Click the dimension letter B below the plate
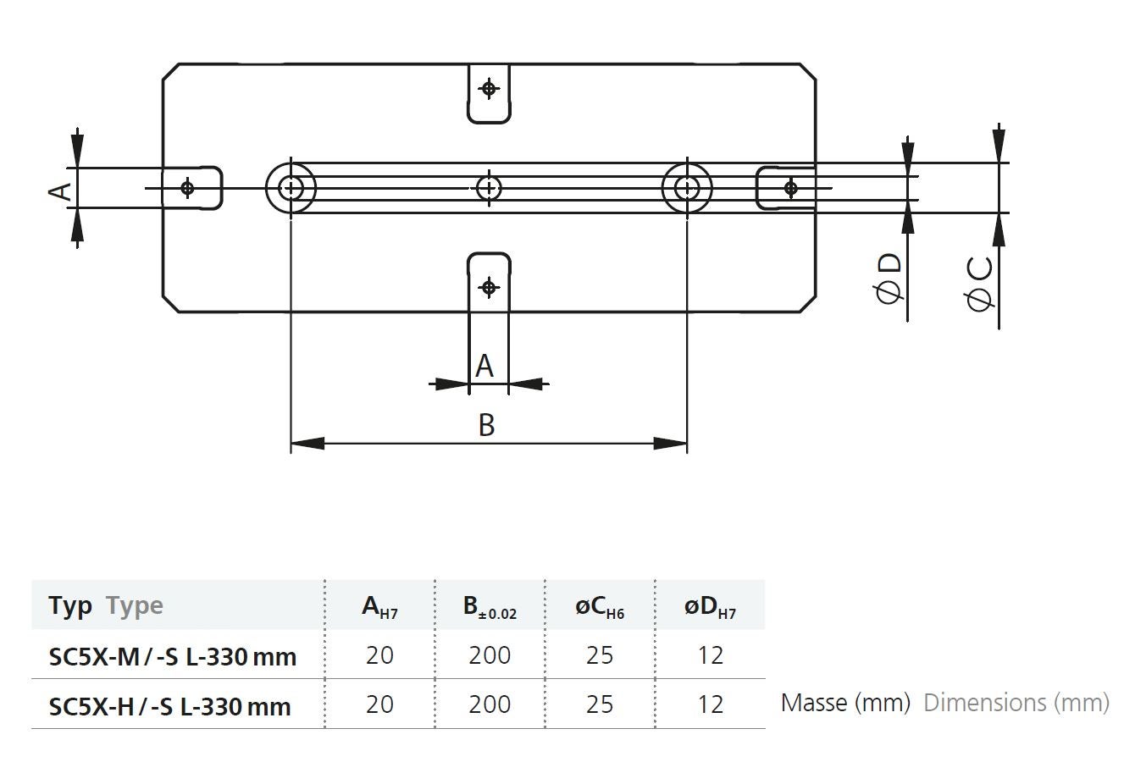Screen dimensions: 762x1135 coord(486,424)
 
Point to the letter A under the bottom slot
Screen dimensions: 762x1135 coord(484,367)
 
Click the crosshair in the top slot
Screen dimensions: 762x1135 coord(489,88)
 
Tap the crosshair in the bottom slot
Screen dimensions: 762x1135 coord(489,287)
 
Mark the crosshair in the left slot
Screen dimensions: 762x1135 coord(187,187)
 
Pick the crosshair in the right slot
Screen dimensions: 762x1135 coord(790,187)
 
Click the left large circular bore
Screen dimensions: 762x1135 coord(291,187)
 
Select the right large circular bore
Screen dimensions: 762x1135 coord(687,187)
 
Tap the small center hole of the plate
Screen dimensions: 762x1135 coord(489,187)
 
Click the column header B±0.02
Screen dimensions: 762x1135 coord(490,606)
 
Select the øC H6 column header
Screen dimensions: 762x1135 coord(600,606)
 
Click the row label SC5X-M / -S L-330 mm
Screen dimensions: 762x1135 coord(173,656)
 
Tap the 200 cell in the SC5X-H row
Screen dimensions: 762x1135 coord(490,704)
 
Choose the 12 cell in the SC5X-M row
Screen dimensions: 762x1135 coord(710,655)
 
